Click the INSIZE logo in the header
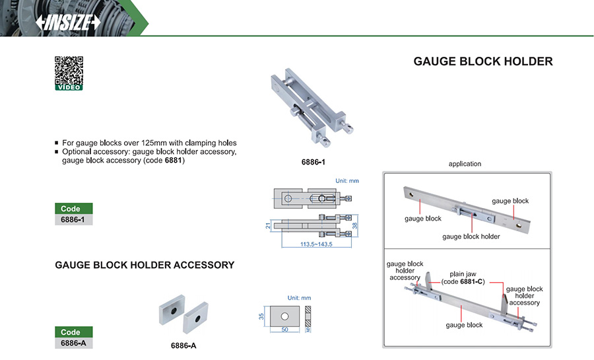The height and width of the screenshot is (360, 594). pyautogui.click(x=68, y=22)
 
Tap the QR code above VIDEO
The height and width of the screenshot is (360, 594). pyautogui.click(x=68, y=70)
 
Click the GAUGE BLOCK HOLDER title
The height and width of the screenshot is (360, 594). pyautogui.click(x=482, y=61)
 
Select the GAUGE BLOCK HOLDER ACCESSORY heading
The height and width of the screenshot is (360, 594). pyautogui.click(x=145, y=265)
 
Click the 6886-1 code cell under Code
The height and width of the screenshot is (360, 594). pyautogui.click(x=73, y=220)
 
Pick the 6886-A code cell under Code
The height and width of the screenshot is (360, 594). pyautogui.click(x=73, y=343)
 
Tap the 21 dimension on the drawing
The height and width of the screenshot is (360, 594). pyautogui.click(x=268, y=225)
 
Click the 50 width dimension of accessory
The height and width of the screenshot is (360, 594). pyautogui.click(x=284, y=328)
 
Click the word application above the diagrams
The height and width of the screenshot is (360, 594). pyautogui.click(x=465, y=164)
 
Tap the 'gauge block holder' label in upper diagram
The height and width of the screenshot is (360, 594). pyautogui.click(x=471, y=236)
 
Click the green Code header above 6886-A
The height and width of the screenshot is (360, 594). pyautogui.click(x=73, y=332)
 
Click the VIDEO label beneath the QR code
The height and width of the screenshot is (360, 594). pyautogui.click(x=69, y=87)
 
